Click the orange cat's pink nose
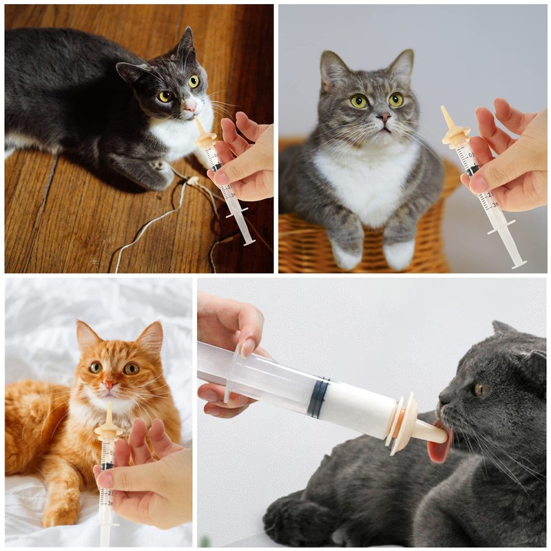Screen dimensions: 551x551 pyautogui.click(x=109, y=385)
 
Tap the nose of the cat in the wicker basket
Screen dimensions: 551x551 pyautogui.click(x=384, y=118)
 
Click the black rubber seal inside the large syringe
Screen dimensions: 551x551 pyautogui.click(x=318, y=397)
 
